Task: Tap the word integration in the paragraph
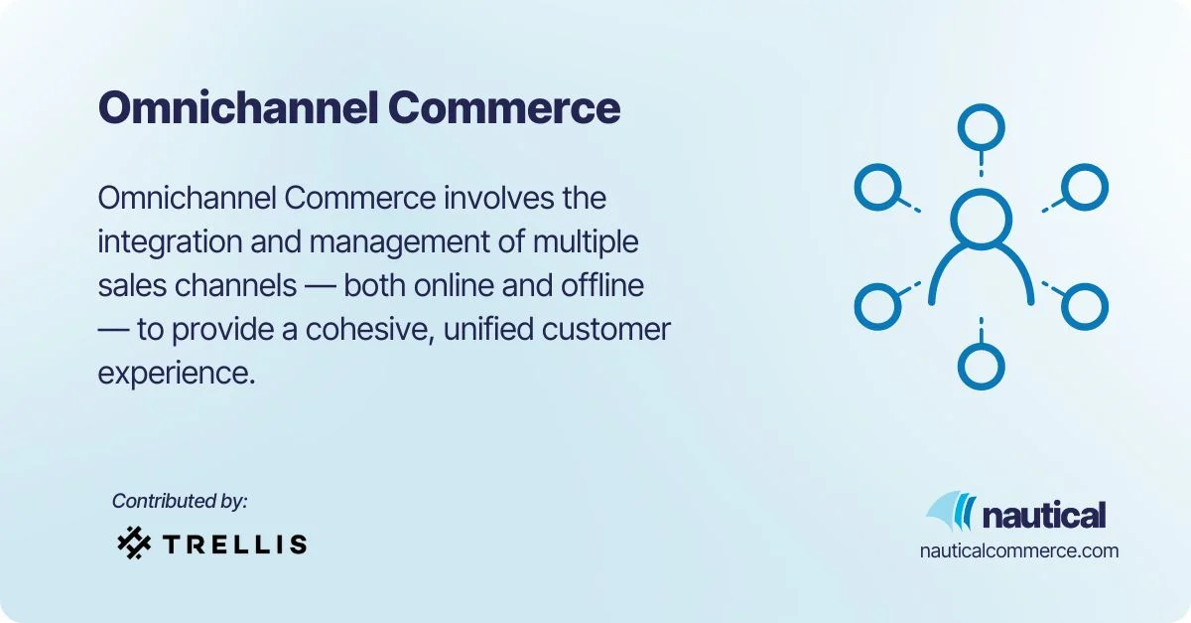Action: coord(174,241)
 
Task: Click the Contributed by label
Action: coord(180,502)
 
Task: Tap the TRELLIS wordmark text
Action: coord(234,544)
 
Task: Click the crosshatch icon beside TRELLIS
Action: coord(133,543)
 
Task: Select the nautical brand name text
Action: coord(1043,516)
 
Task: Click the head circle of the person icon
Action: coord(981,219)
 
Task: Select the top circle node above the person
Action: coord(981,127)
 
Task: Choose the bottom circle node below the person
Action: coord(981,366)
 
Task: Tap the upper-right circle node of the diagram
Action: coord(1084,187)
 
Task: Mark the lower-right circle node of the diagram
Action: coord(1084,306)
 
